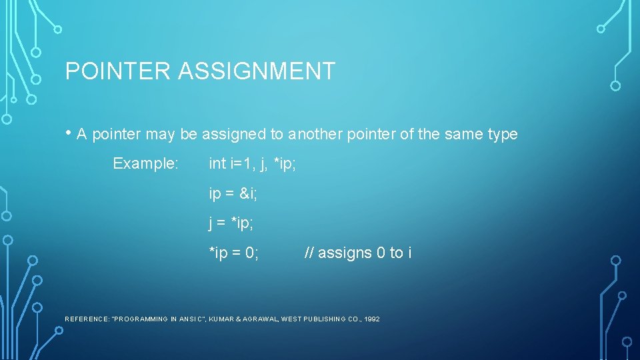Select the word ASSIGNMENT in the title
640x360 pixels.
[256, 71]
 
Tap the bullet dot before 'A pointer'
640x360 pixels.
[69, 133]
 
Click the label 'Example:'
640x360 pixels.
[145, 163]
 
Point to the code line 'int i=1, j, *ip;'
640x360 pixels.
[252, 163]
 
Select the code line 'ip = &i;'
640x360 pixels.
[233, 193]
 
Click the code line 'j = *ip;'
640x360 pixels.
[231, 223]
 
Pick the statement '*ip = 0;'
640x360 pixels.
[234, 253]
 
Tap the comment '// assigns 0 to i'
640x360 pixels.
[357, 253]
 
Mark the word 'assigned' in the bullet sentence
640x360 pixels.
[234, 134]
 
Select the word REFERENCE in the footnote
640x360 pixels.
[87, 319]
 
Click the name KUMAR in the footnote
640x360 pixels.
[221, 319]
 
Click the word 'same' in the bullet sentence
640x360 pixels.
[460, 134]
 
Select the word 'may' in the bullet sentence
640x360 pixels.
[160, 134]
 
